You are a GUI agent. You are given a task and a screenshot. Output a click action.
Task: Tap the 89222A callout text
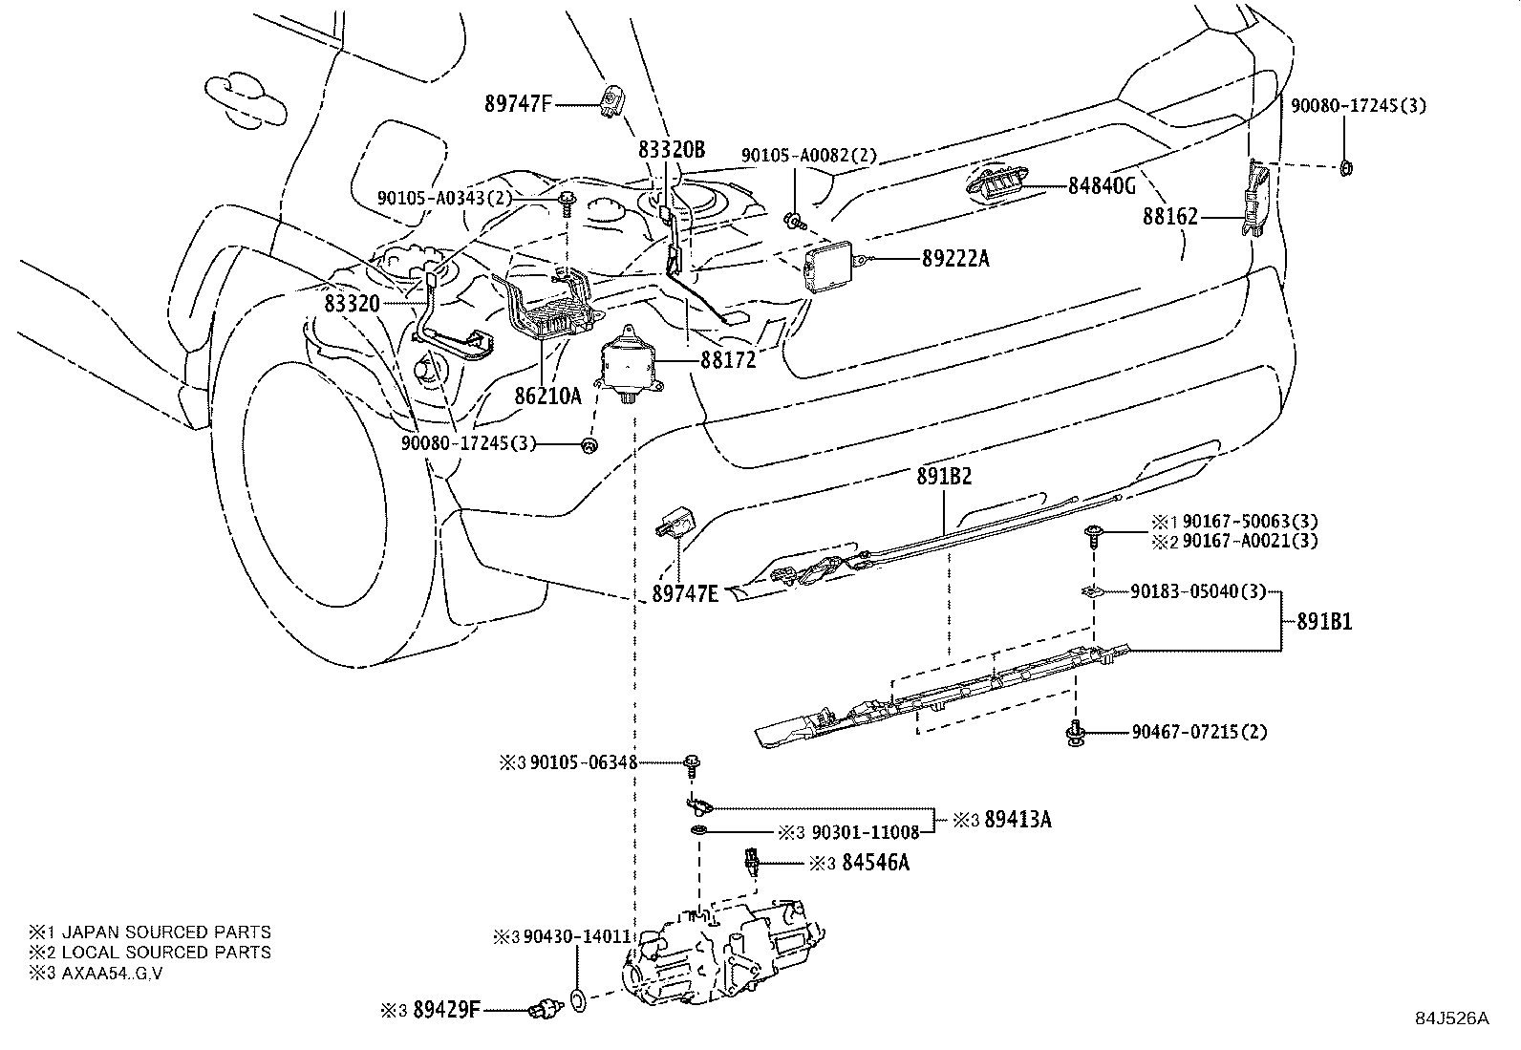[955, 258]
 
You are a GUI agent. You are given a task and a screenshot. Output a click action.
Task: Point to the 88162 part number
[1169, 218]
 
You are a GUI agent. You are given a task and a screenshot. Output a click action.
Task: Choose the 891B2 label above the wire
[945, 476]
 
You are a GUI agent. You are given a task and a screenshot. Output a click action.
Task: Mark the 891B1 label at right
[1324, 622]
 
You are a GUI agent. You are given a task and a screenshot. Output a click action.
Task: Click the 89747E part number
[685, 593]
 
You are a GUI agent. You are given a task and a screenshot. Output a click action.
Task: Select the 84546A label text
[875, 863]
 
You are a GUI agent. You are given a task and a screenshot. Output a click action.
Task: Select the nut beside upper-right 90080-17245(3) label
[1346, 168]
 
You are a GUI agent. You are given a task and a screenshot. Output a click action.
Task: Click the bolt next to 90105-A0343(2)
[568, 201]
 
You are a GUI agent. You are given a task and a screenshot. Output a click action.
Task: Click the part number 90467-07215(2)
[1199, 733]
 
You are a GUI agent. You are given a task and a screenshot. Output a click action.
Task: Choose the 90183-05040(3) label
[1197, 592]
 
